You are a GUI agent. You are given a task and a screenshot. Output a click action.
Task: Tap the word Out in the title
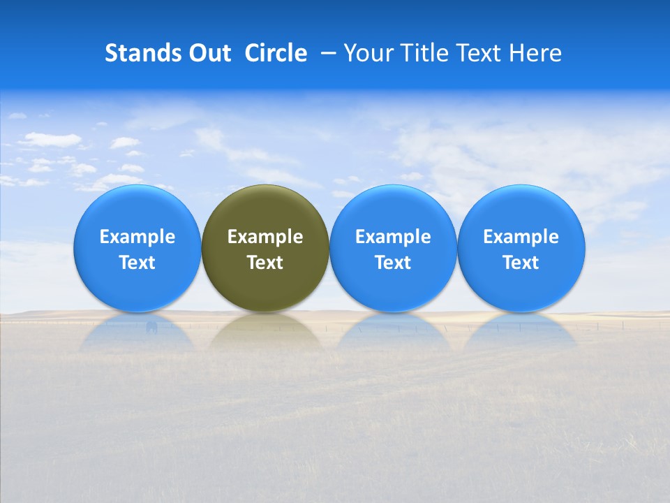(x=209, y=53)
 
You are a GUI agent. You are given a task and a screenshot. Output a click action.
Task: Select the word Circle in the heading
(x=276, y=53)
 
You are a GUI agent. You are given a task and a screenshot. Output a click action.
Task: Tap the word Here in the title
(x=535, y=53)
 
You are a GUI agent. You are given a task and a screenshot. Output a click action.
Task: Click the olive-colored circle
(x=265, y=210)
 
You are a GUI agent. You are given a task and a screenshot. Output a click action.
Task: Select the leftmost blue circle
(x=137, y=210)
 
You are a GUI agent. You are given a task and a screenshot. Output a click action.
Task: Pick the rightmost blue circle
(x=521, y=210)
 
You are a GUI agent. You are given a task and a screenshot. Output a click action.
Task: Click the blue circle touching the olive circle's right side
(x=393, y=210)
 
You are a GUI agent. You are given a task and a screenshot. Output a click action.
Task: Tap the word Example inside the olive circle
(x=265, y=237)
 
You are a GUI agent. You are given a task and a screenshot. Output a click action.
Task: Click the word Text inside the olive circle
(x=265, y=263)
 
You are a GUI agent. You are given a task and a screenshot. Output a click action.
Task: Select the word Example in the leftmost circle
(x=137, y=237)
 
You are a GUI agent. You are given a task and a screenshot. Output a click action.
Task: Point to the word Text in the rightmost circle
(x=521, y=263)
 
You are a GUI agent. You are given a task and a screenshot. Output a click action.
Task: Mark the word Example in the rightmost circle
(x=521, y=237)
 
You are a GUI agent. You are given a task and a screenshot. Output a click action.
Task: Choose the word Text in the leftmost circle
(x=137, y=263)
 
